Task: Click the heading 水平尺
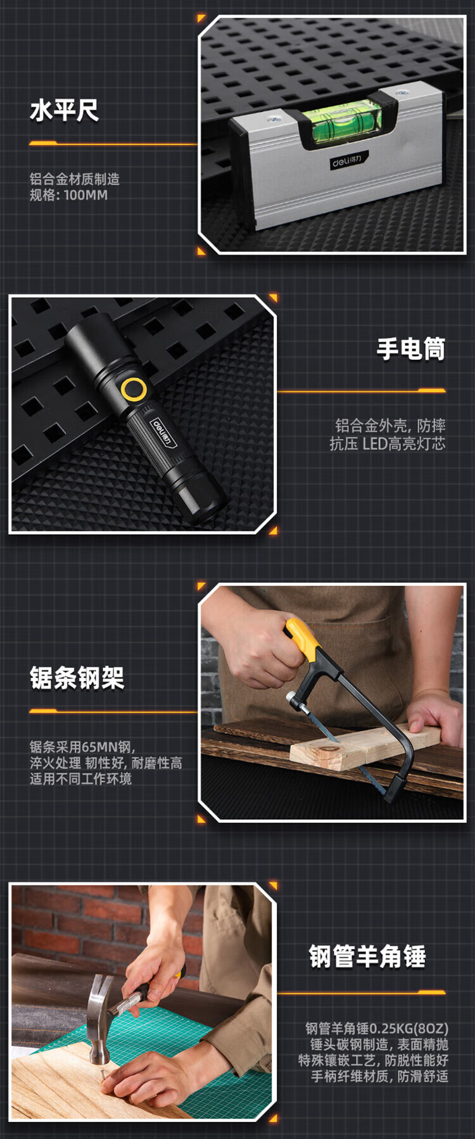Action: (x=64, y=111)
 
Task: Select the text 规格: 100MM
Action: (x=68, y=195)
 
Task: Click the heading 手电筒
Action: (x=411, y=349)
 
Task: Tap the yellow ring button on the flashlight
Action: (x=134, y=389)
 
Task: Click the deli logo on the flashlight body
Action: (x=161, y=431)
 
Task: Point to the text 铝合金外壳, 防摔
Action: (x=390, y=426)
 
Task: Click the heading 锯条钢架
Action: (x=77, y=678)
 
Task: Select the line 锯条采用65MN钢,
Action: (x=82, y=747)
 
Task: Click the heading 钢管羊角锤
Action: (x=367, y=956)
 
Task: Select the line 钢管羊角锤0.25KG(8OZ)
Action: (x=377, y=1028)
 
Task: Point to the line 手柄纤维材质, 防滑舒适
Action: (x=379, y=1076)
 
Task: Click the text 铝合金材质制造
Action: (x=74, y=179)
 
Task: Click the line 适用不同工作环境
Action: (x=80, y=779)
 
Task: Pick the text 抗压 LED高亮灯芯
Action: (x=388, y=443)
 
